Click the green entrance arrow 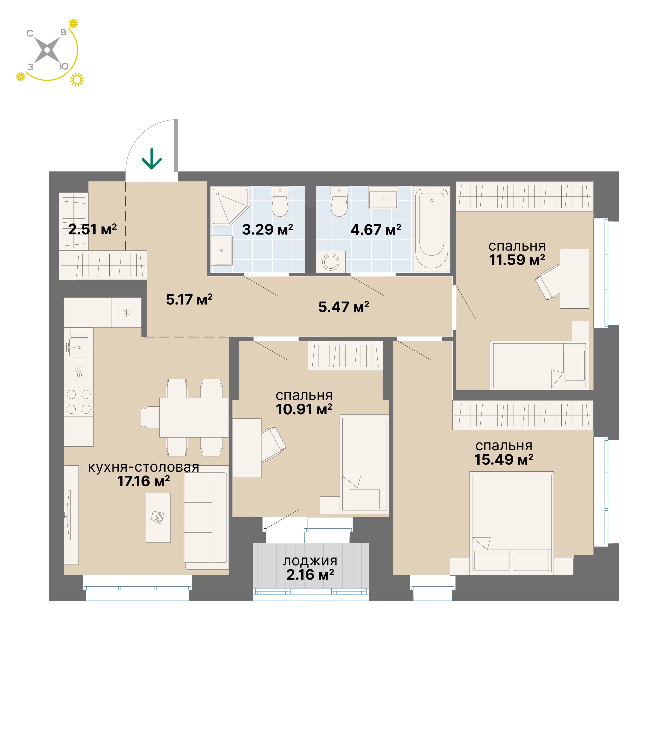point(152,159)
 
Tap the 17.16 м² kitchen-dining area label point(144,481)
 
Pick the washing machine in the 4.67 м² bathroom point(331,262)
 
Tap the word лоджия point(310,561)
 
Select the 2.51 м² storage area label point(93,229)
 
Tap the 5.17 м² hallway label point(189,300)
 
